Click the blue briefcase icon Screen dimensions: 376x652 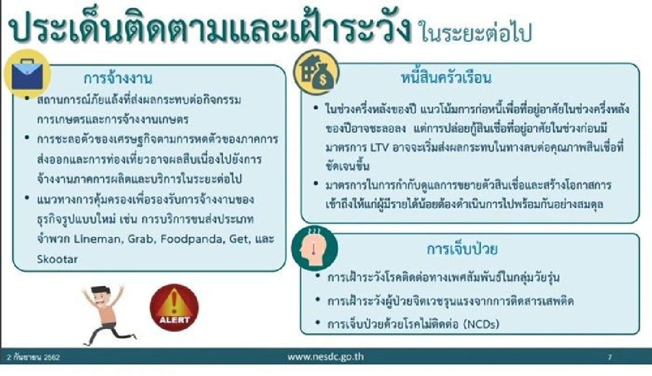(x=27, y=74)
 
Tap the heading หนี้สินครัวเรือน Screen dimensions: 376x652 (x=444, y=78)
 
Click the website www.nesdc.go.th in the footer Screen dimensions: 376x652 (x=325, y=357)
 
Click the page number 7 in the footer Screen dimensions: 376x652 (x=610, y=357)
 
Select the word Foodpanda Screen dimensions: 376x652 (x=178, y=239)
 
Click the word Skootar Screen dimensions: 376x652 (x=57, y=259)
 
